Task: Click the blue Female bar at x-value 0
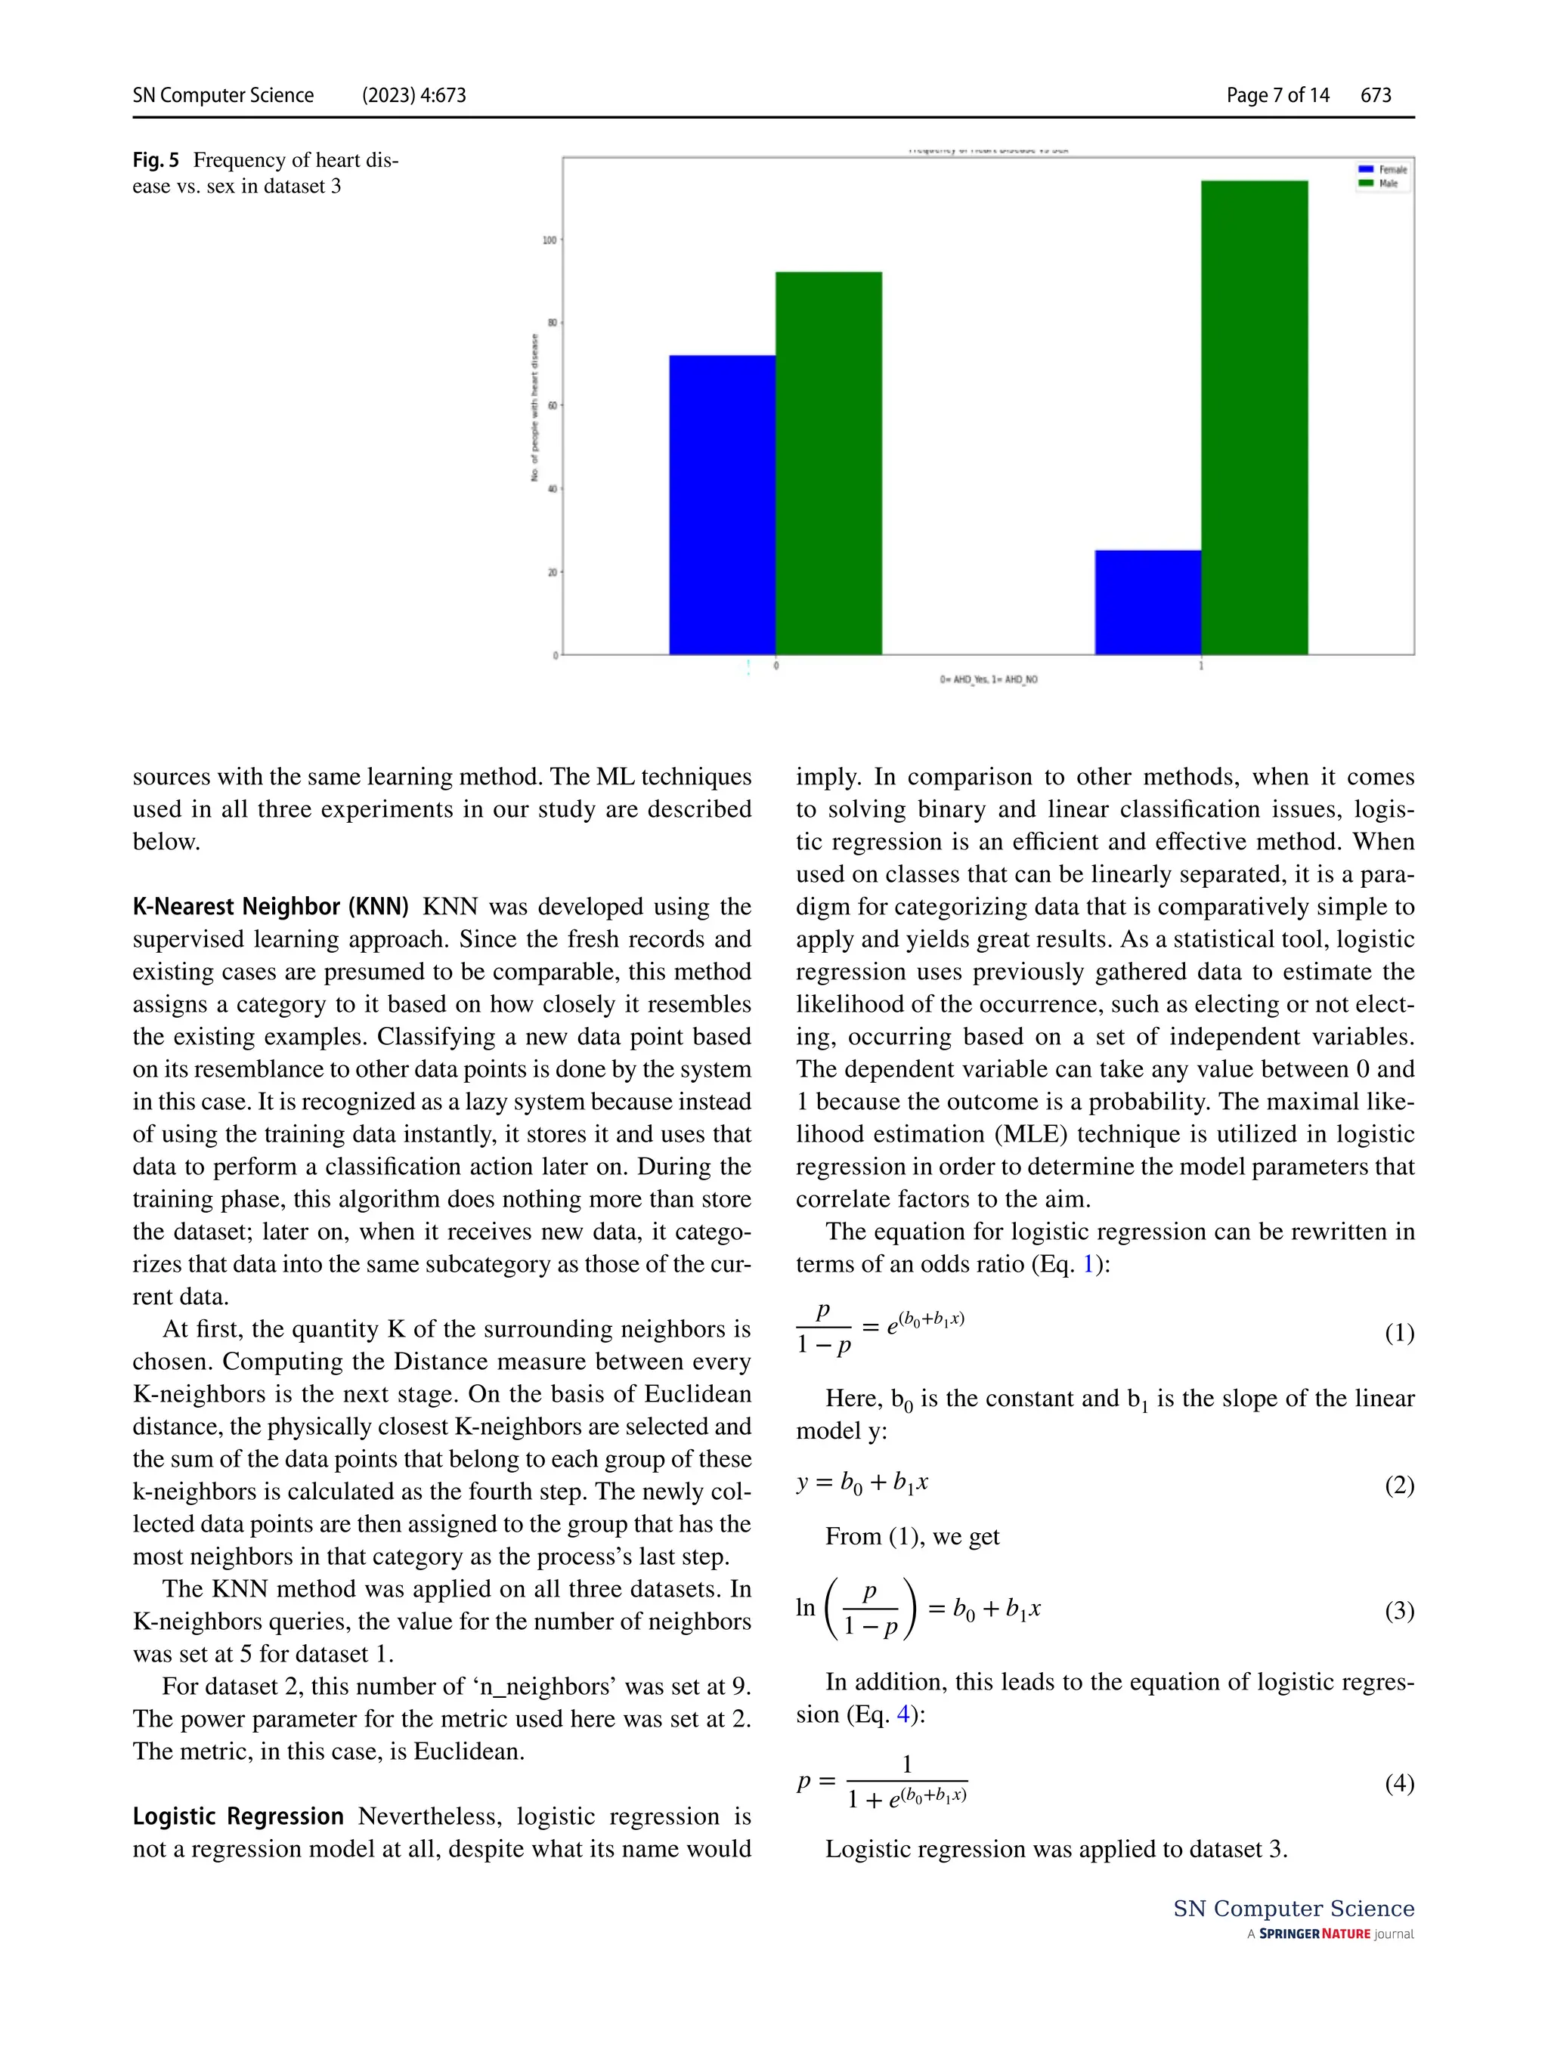(722, 504)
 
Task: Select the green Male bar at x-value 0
(828, 463)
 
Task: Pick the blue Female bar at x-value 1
(1147, 601)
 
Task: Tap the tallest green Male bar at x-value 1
(1253, 417)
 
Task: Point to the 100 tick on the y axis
(550, 240)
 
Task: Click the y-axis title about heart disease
(534, 407)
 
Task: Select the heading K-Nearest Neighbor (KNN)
(271, 906)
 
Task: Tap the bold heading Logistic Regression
(238, 1815)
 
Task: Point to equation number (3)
(1398, 1610)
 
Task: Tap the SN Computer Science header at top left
(223, 94)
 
